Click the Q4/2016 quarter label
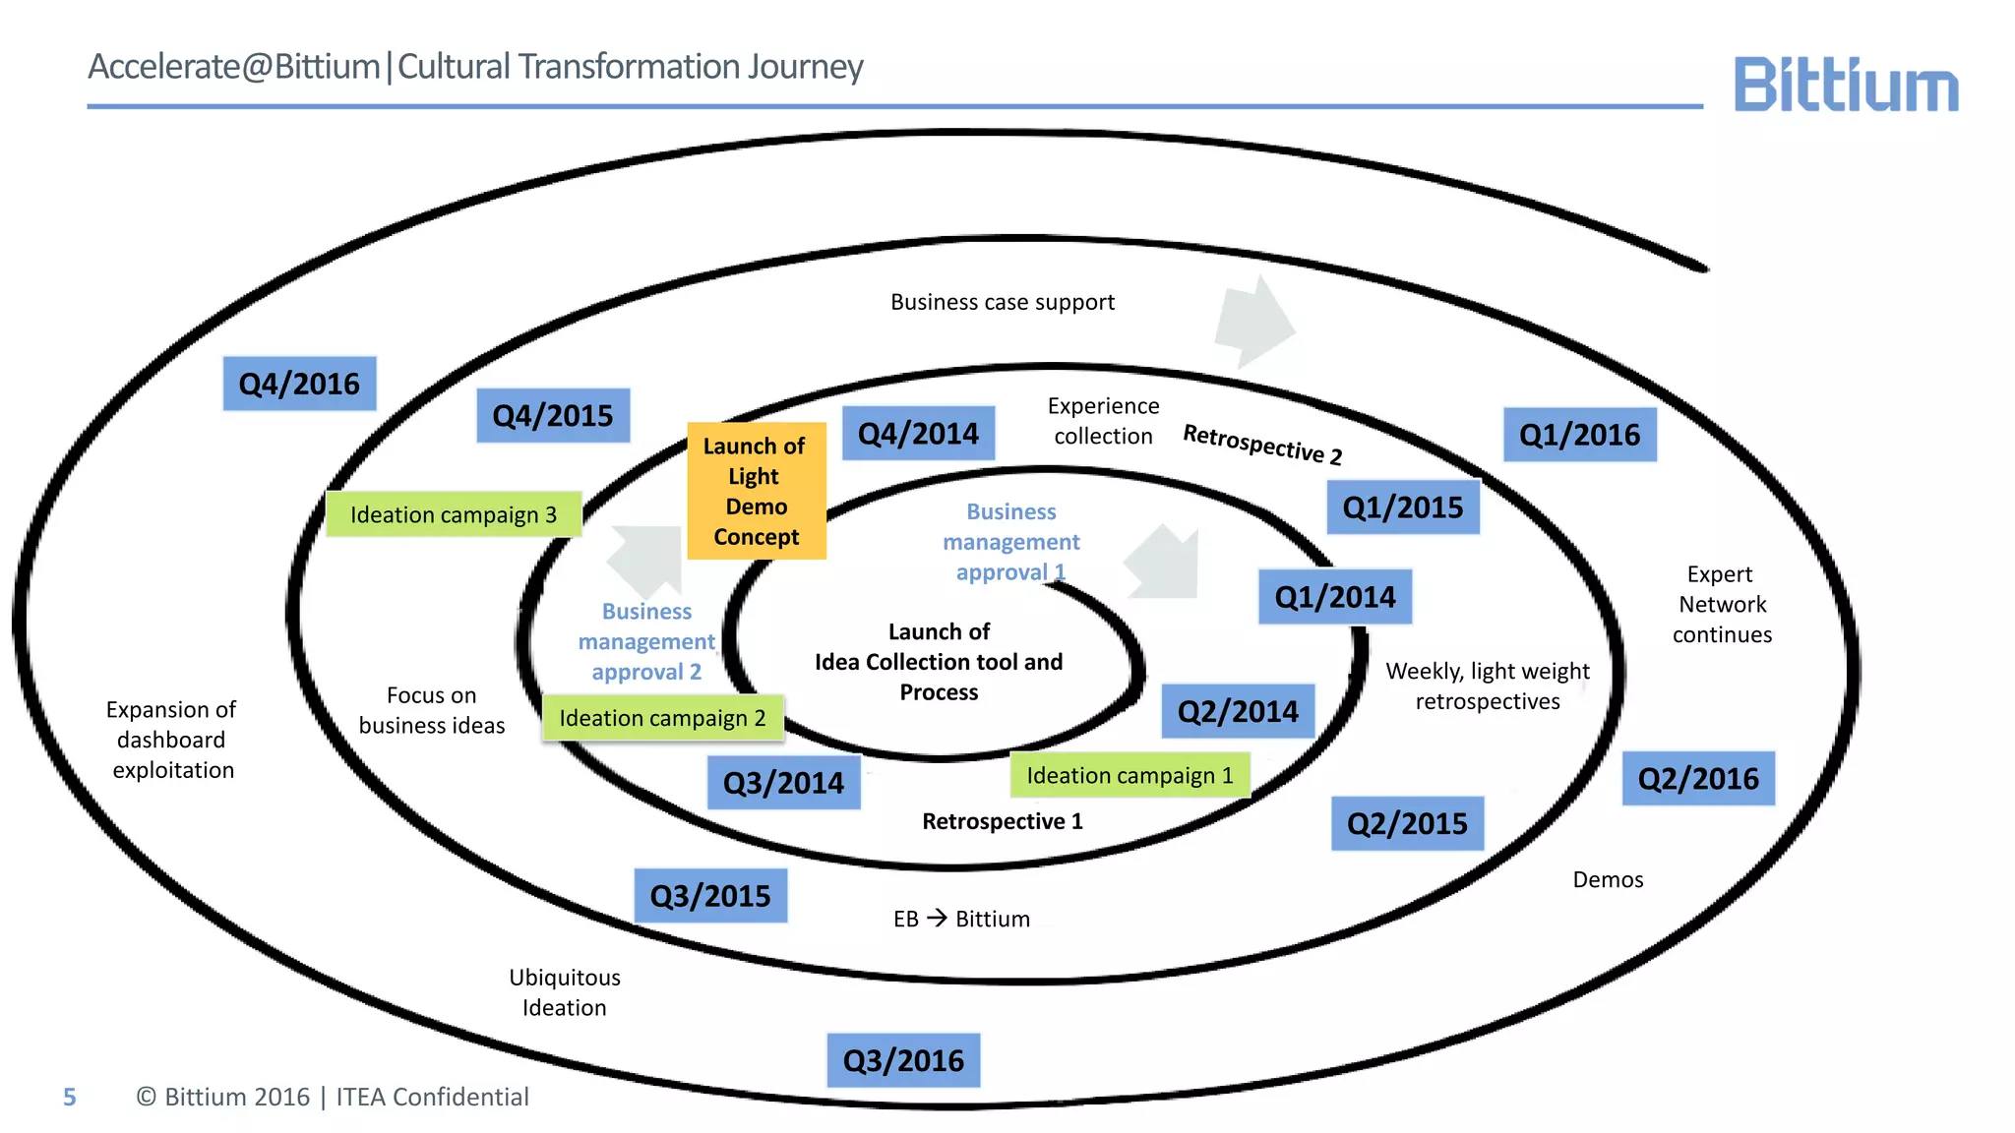pos(299,384)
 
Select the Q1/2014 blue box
pos(1335,597)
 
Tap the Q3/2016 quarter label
pos(903,1060)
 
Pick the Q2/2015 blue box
pos(1407,823)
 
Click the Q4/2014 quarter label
pos(918,434)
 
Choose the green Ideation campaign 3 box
pos(454,514)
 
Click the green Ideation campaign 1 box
pos(1130,775)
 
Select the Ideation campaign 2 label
pos(662,718)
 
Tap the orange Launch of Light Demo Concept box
pos(756,491)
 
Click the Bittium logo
pos(1845,86)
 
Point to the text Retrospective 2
pos(1262,444)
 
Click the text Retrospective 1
pos(1002,821)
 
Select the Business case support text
pos(1002,302)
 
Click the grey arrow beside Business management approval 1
pos(1165,565)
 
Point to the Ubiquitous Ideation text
pos(565,992)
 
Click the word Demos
pos(1608,879)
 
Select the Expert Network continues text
pos(1722,604)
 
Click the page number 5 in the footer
pos(69,1097)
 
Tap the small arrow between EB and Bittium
pos(937,918)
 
